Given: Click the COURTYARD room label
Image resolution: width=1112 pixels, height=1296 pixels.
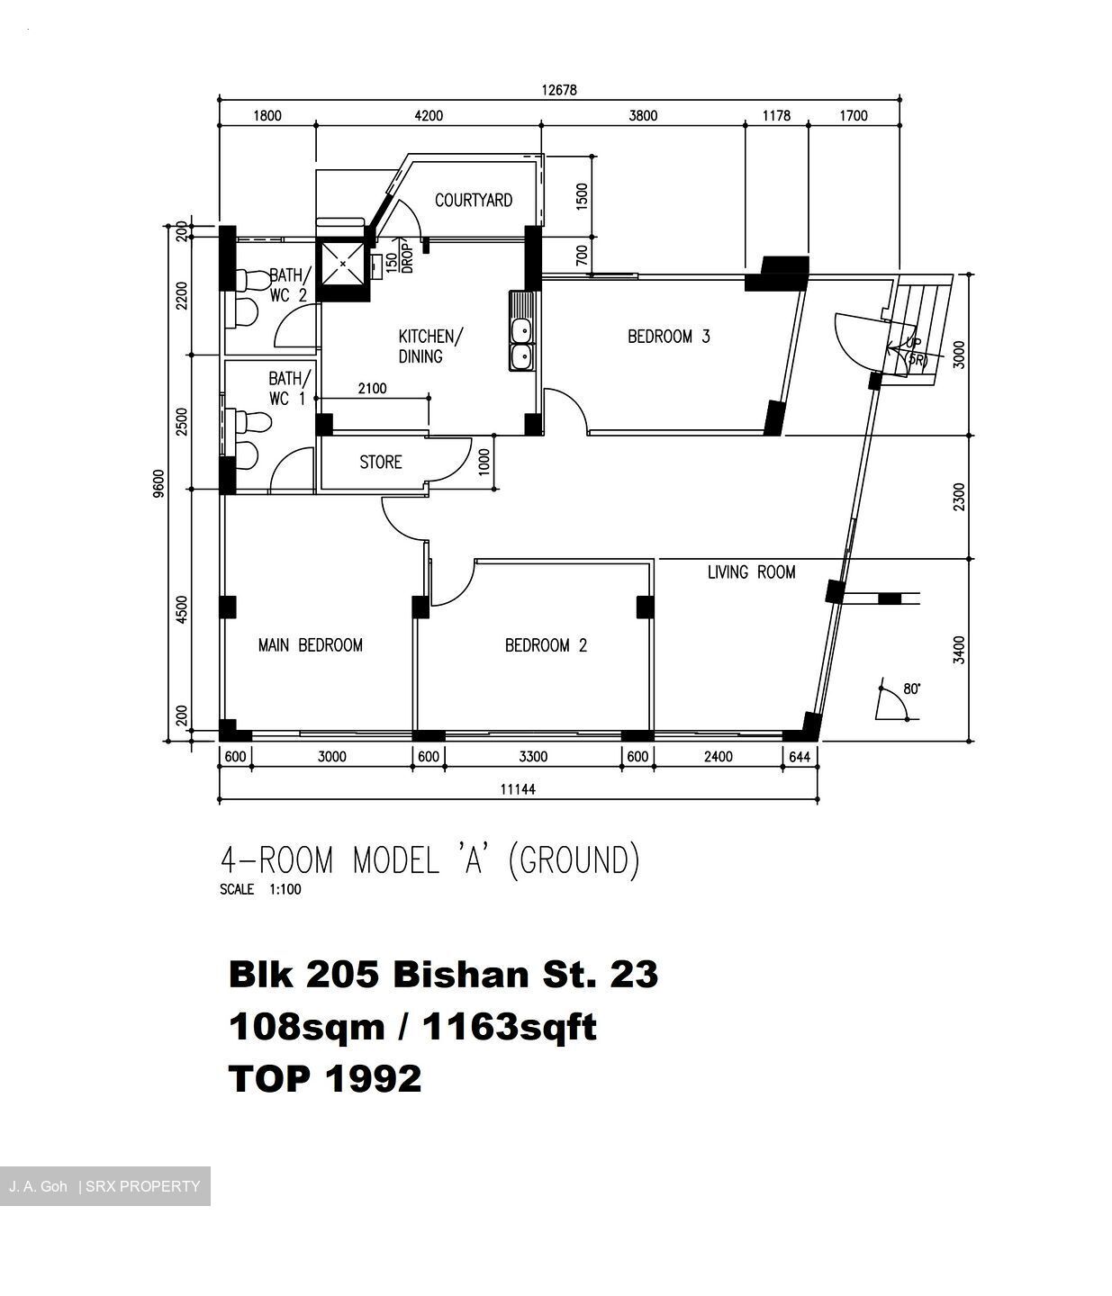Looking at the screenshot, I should coord(473,200).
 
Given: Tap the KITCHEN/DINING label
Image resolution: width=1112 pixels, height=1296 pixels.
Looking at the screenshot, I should coord(429,346).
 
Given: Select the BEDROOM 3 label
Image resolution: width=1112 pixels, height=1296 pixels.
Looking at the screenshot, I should coord(668,337).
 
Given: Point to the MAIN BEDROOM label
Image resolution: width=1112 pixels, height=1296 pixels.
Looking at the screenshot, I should coord(310,645).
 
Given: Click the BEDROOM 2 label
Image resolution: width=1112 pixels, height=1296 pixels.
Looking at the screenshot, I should coord(546,645).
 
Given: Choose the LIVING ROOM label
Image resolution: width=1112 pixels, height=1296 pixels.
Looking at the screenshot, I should coord(751,572).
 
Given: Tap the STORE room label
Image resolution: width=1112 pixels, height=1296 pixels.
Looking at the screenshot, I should coord(380,463).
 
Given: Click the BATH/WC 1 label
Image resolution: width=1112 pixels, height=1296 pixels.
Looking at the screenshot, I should coord(289,388).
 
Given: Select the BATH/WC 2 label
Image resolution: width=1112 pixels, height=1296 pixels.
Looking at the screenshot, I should coord(290,284).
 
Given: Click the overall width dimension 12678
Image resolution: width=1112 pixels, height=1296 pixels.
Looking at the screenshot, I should coord(558,90).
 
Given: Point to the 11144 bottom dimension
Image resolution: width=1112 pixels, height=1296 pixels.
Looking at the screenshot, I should coord(518,789).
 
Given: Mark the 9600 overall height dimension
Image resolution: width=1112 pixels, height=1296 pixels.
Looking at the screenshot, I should coord(159,483).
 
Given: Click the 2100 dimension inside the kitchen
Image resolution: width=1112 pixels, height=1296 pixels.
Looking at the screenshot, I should coord(372,389).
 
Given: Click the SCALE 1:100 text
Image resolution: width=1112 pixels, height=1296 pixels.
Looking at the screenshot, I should coord(260,890).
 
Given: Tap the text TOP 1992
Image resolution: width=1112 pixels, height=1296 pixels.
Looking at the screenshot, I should coord(325,1078).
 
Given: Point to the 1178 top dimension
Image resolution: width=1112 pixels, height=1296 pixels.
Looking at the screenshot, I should coord(775,115).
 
